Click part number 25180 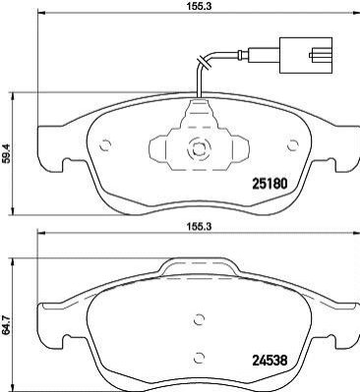pos(270,184)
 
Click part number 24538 pos(270,361)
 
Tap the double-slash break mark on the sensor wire pos(204,63)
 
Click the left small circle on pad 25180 pos(105,145)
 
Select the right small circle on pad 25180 pos(292,145)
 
